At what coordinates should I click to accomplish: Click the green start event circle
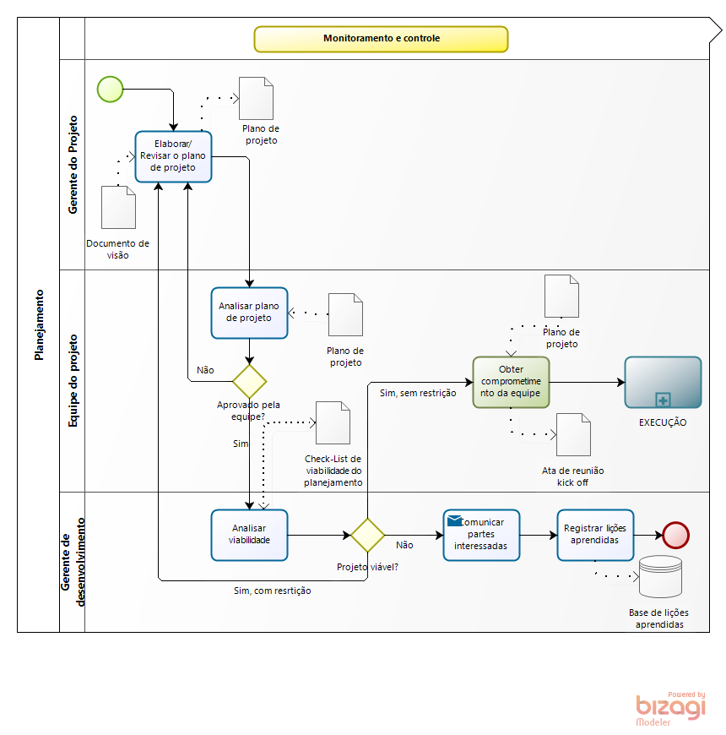111,89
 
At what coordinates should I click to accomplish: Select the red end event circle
676,535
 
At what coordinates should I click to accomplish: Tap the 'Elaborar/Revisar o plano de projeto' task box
173,156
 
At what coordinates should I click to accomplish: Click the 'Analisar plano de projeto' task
249,313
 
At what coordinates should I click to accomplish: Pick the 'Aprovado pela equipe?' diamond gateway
249,381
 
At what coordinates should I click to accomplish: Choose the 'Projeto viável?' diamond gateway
367,535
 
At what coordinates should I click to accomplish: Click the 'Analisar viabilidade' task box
249,535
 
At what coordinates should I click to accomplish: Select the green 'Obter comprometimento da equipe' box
511,382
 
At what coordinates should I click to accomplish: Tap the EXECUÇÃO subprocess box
663,382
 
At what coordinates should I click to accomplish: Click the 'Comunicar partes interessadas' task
481,535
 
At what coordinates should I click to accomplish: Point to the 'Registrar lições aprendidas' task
595,535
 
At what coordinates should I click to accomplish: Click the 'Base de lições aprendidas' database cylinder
659,578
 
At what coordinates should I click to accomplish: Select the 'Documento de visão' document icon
118,207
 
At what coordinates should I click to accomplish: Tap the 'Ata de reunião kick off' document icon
573,434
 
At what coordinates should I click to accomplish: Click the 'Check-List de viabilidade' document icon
333,422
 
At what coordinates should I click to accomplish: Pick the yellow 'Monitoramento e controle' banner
381,39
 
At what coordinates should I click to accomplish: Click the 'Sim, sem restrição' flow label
418,393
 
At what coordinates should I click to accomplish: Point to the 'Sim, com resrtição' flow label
272,591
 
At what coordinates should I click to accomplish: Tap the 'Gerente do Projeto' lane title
73,165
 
